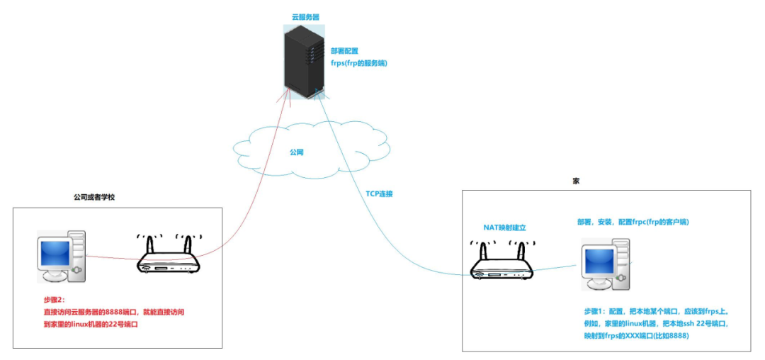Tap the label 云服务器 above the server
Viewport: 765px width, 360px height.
pyautogui.click(x=305, y=16)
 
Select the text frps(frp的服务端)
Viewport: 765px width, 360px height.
pyautogui.click(x=359, y=63)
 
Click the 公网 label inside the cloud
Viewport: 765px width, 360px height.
pyautogui.click(x=297, y=152)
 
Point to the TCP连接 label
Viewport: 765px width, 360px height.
pyautogui.click(x=379, y=193)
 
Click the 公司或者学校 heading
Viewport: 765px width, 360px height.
pyautogui.click(x=94, y=197)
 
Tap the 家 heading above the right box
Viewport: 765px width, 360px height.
pyautogui.click(x=575, y=181)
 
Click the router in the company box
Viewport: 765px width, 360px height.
pyautogui.click(x=169, y=259)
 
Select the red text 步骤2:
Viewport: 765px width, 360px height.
pyautogui.click(x=54, y=300)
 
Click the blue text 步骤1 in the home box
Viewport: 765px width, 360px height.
pyautogui.click(x=596, y=312)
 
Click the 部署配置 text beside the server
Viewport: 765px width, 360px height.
pyautogui.click(x=344, y=51)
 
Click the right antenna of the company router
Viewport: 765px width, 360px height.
pyautogui.click(x=188, y=245)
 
